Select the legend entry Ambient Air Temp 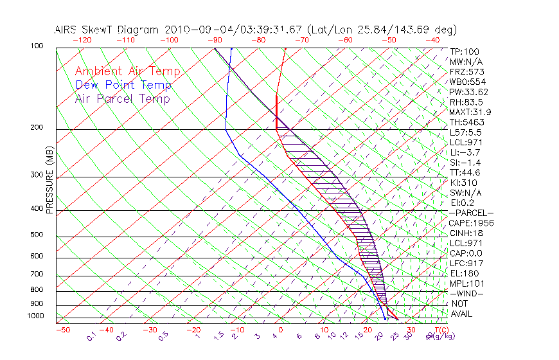pos(127,71)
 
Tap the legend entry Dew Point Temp pos(123,85)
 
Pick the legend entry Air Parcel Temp pos(122,98)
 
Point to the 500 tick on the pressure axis pos(36,235)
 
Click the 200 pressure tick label pos(36,128)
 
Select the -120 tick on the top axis pos(82,40)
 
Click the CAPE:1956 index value pos(471,223)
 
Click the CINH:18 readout pos(465,233)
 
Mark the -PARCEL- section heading pos(471,213)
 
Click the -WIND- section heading pos(466,293)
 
